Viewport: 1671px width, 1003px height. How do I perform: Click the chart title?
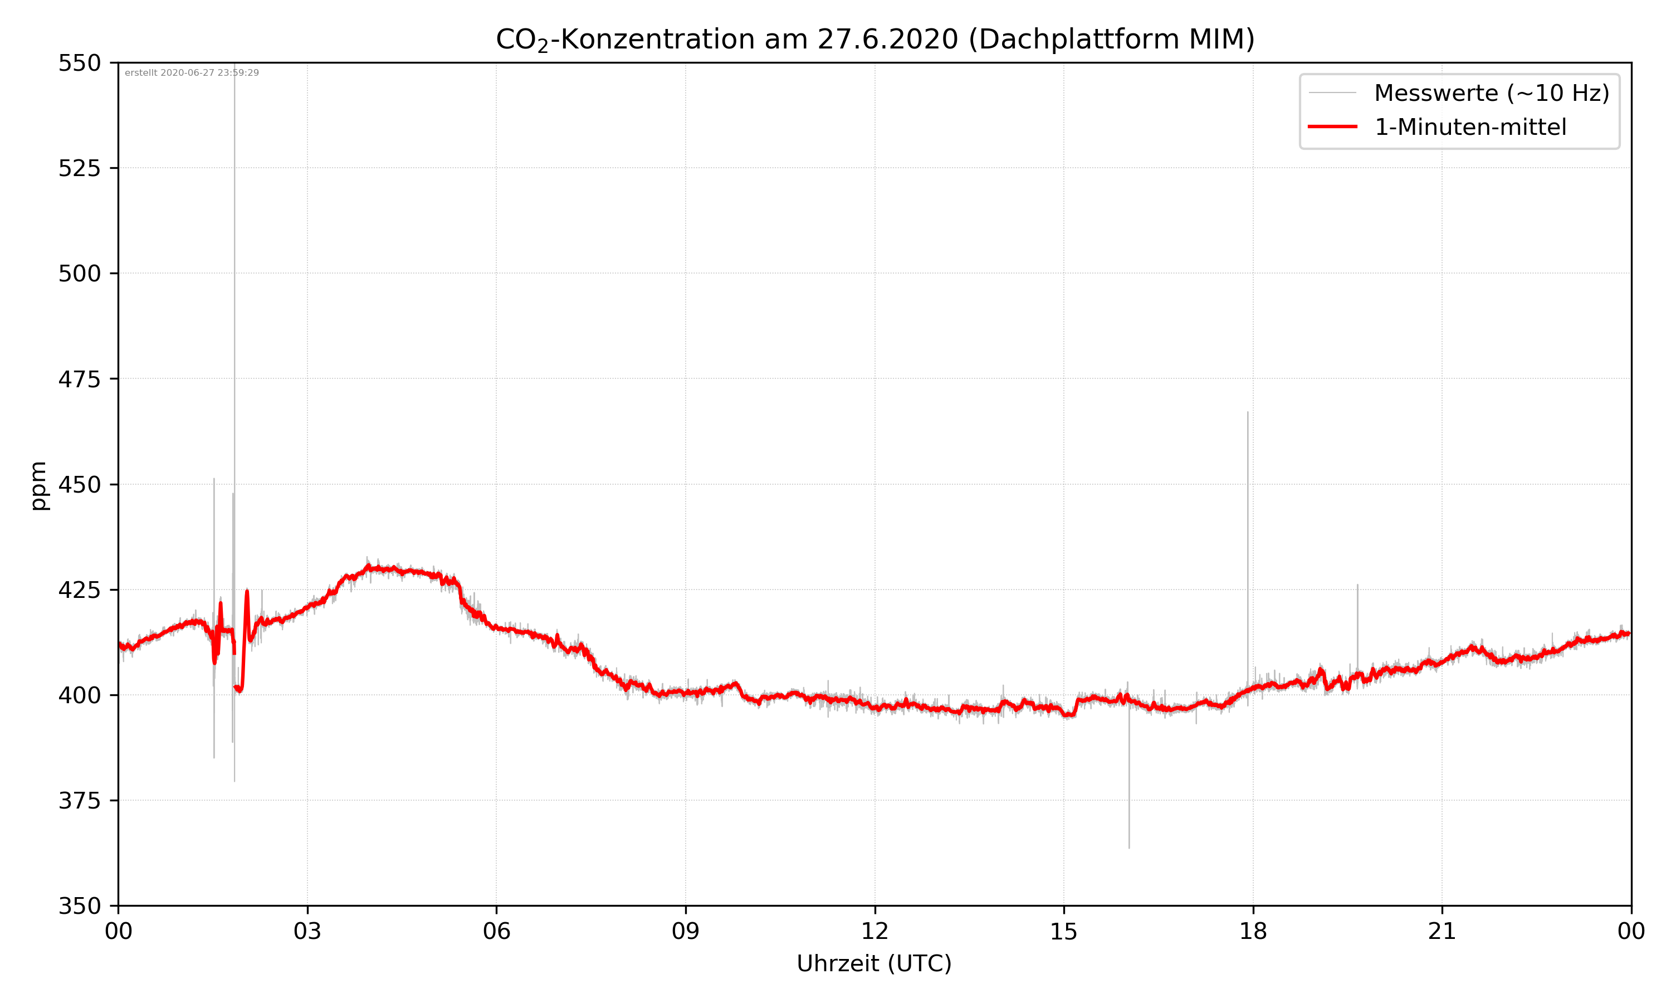click(x=874, y=39)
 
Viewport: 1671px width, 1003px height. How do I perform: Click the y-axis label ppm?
click(x=38, y=485)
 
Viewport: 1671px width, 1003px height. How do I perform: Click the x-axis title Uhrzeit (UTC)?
click(x=874, y=963)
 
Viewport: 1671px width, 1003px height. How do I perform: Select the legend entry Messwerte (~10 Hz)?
click(x=1491, y=93)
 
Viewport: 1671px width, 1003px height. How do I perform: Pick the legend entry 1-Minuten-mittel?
click(x=1470, y=127)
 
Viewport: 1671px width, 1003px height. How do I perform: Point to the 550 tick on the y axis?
click(x=79, y=63)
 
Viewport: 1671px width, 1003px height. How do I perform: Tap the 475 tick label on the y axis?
click(x=79, y=379)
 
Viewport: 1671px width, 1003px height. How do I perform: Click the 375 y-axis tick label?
click(x=79, y=801)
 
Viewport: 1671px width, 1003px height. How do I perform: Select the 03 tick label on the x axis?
click(x=307, y=931)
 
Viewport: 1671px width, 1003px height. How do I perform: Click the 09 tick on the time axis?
click(x=686, y=931)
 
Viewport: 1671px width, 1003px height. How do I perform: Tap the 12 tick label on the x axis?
click(x=874, y=931)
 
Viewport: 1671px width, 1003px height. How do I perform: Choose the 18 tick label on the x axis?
click(x=1253, y=931)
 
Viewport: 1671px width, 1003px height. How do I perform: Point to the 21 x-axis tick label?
click(x=1442, y=931)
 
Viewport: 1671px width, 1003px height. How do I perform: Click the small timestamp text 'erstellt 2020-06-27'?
click(x=192, y=73)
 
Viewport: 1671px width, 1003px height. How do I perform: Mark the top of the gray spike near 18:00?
click(x=1248, y=412)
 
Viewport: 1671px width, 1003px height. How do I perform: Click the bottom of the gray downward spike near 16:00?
click(x=1129, y=848)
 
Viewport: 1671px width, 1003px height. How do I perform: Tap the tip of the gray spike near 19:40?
click(x=1357, y=585)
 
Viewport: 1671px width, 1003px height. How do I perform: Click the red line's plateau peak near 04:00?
click(x=369, y=566)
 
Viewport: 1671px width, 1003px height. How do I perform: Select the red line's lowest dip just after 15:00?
click(x=1067, y=716)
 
